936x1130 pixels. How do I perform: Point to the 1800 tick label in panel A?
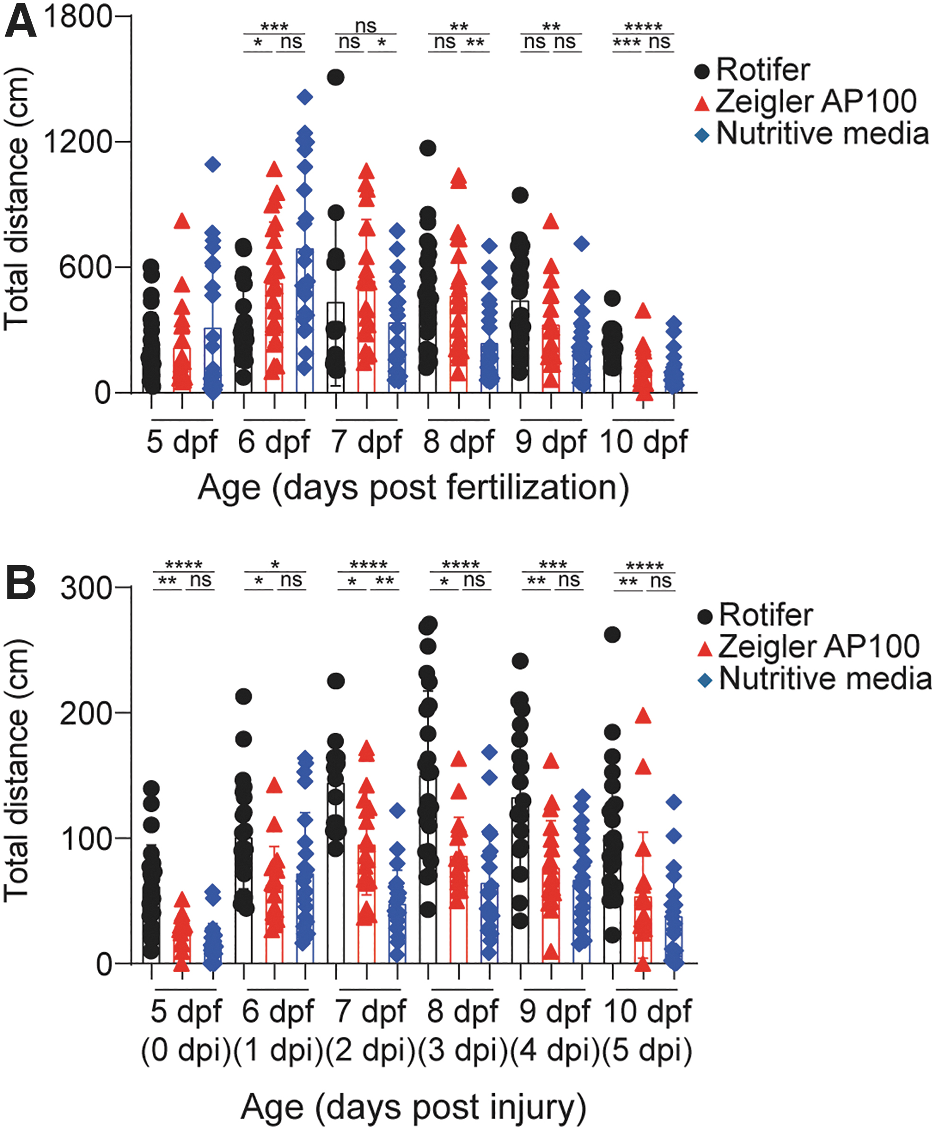[78, 16]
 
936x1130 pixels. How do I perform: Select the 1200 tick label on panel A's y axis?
[78, 141]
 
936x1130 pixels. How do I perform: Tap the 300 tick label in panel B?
[86, 587]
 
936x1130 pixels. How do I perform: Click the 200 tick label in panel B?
[86, 713]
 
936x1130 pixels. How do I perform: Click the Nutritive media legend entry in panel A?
[822, 133]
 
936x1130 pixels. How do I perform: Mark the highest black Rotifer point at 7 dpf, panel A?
[336, 78]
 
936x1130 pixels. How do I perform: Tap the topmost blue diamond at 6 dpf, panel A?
[305, 97]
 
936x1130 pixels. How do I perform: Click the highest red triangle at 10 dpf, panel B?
[643, 716]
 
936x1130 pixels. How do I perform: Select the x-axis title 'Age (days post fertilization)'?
[413, 488]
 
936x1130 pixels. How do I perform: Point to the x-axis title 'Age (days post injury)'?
[413, 1107]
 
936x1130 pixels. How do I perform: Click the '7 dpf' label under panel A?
[366, 442]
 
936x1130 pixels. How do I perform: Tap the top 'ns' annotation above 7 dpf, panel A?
[366, 26]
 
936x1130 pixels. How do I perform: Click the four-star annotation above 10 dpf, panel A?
[643, 26]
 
